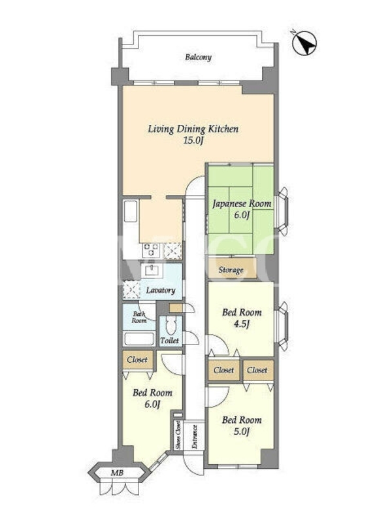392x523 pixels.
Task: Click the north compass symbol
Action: tap(304, 43)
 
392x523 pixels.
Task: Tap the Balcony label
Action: tap(199, 58)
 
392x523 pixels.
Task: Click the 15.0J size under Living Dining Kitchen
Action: tap(193, 141)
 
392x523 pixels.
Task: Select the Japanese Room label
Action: tap(242, 204)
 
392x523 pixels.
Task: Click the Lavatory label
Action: tap(161, 290)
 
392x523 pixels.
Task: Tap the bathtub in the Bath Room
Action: tap(139, 339)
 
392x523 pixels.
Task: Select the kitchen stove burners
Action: tap(152, 250)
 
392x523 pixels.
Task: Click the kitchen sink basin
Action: tap(131, 211)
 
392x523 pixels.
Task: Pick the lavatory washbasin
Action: tap(152, 270)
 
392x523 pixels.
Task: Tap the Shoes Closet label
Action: tap(178, 435)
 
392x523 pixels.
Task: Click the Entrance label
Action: tap(194, 437)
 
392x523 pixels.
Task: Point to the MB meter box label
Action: tap(118, 473)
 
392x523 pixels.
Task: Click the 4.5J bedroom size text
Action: tap(241, 324)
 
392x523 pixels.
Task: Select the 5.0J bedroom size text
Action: tap(241, 432)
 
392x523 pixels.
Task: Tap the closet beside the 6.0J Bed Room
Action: tap(138, 360)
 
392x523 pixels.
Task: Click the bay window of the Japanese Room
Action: tap(282, 211)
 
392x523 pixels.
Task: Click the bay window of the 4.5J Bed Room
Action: tap(282, 326)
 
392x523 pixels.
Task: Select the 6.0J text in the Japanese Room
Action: tap(242, 215)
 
